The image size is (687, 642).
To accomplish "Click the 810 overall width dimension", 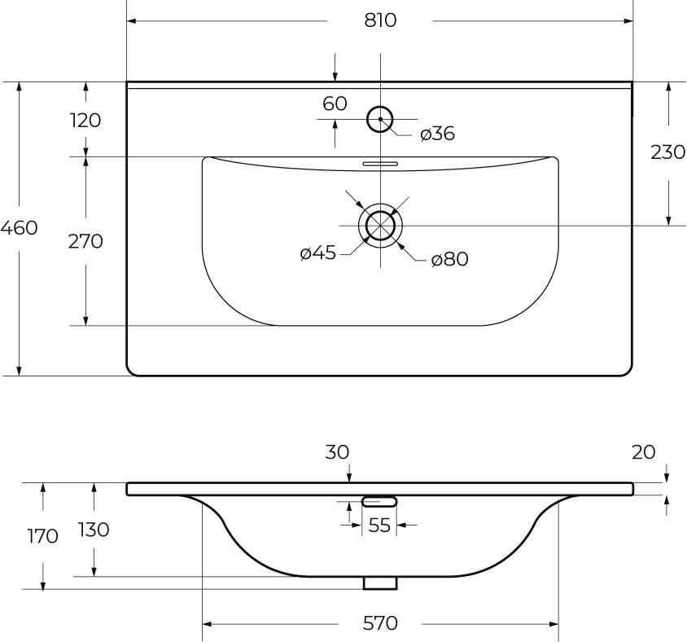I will click(379, 20).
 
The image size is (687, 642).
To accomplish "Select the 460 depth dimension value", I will click(19, 227).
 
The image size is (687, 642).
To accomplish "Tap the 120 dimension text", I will click(85, 121).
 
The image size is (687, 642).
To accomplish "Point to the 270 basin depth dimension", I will click(85, 241).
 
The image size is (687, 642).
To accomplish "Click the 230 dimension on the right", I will click(667, 152).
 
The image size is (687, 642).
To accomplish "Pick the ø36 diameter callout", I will click(437, 134).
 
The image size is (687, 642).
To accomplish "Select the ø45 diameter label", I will click(317, 253).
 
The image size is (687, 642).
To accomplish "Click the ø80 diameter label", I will click(449, 259).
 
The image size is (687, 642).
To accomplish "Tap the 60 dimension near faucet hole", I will click(335, 103).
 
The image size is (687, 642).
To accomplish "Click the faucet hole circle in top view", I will click(379, 120).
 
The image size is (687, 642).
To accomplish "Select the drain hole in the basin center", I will click(379, 225).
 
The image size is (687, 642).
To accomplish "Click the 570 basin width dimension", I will click(379, 623).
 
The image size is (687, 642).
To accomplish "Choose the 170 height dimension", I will click(42, 536).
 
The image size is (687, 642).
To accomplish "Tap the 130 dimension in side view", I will click(94, 530).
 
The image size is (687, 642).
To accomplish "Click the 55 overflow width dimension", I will click(379, 525).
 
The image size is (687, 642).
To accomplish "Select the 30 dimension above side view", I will click(337, 451).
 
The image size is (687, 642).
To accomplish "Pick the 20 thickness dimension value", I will click(643, 451).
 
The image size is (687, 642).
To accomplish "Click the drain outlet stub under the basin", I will click(379, 583).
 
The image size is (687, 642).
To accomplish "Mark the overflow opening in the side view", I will click(379, 501).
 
